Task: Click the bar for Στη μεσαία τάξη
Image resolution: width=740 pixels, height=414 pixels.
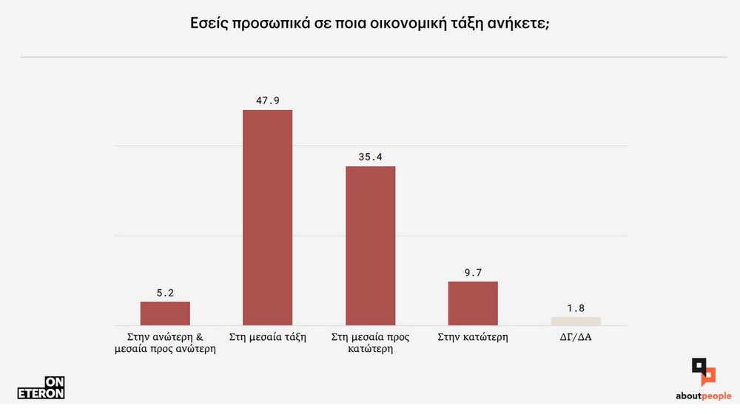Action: (268, 217)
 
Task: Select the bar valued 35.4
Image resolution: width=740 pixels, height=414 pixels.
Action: (371, 245)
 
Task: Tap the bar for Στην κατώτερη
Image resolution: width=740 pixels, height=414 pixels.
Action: (473, 303)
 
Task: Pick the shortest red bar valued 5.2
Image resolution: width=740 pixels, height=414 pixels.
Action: (165, 313)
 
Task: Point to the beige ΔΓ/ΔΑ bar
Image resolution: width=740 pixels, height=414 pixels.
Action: (576, 321)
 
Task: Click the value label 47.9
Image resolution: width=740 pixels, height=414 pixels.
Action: (268, 101)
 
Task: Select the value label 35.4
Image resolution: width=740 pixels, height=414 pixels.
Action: (371, 157)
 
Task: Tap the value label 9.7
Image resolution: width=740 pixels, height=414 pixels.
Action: (473, 272)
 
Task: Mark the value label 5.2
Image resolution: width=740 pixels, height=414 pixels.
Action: (165, 293)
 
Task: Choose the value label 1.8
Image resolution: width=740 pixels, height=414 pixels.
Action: (576, 308)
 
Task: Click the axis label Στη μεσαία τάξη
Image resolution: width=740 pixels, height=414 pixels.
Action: (268, 337)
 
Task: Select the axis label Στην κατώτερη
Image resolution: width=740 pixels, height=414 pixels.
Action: (473, 337)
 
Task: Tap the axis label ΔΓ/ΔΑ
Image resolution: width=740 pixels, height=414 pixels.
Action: (576, 337)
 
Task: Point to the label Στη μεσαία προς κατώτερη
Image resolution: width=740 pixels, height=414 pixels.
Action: (371, 343)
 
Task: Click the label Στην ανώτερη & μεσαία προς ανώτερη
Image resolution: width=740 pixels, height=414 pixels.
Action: (165, 343)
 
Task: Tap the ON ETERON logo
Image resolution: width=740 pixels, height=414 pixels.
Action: (41, 387)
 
